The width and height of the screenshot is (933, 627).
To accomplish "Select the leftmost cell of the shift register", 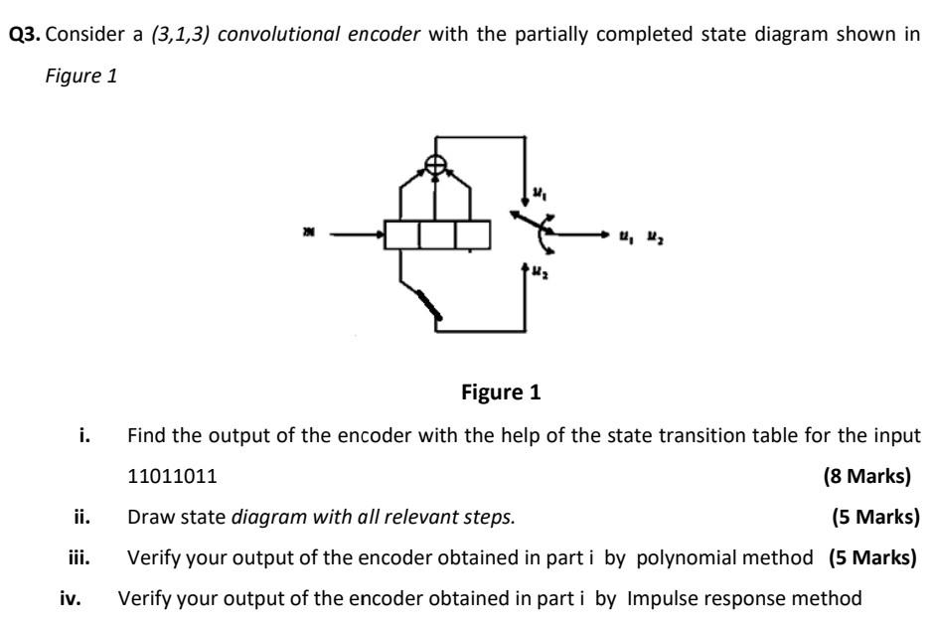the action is (x=402, y=235).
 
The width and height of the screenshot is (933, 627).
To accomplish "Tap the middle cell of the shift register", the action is (x=437, y=235).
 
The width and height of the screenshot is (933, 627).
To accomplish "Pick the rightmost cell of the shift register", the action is (x=472, y=235).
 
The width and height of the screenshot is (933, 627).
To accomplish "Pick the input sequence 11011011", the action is (x=173, y=476).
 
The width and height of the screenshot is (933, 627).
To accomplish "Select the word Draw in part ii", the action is (x=147, y=518).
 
